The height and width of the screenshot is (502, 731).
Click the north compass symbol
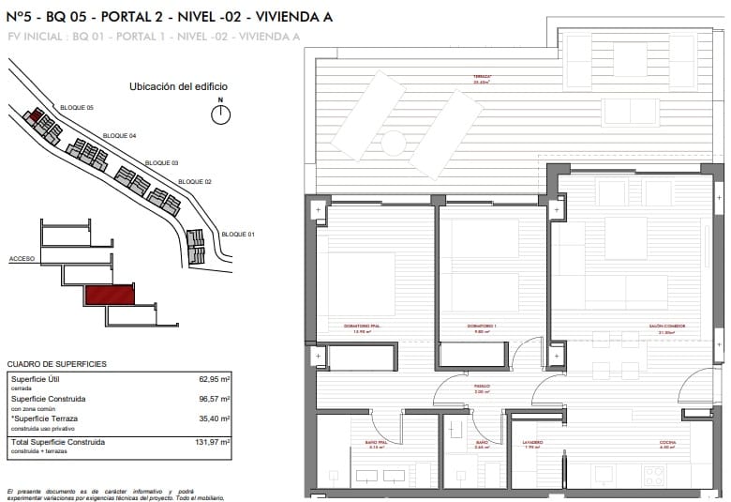pos(220,114)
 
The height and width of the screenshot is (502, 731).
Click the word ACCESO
pos(22,257)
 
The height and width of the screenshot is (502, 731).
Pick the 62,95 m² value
pos(215,379)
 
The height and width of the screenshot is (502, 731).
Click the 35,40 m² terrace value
pos(215,419)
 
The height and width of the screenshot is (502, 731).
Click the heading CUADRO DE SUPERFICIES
pos(56,363)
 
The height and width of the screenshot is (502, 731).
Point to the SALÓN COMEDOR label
pos(666,327)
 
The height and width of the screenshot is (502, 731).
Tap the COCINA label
pos(667,443)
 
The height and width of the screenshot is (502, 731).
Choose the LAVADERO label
pos(532,443)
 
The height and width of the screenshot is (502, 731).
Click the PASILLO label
pos(479,386)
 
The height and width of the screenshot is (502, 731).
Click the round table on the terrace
pos(394,143)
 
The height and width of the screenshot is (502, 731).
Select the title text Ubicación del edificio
pos(178,86)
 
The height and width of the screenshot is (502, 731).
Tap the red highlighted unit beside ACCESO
pos(110,296)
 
